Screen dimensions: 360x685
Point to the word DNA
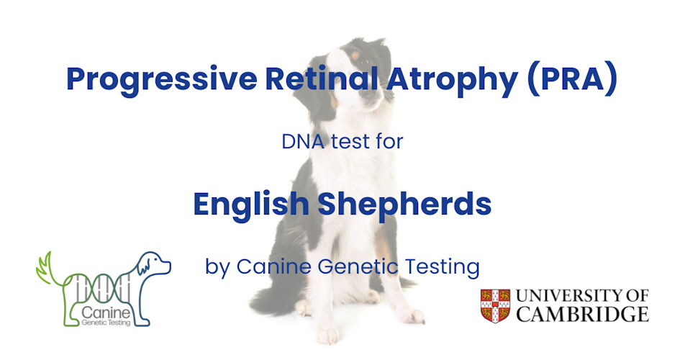(303, 141)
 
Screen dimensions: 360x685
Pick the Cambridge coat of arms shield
(495, 305)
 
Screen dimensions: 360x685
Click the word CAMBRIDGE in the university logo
(584, 314)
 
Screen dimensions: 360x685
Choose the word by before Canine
(218, 267)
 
